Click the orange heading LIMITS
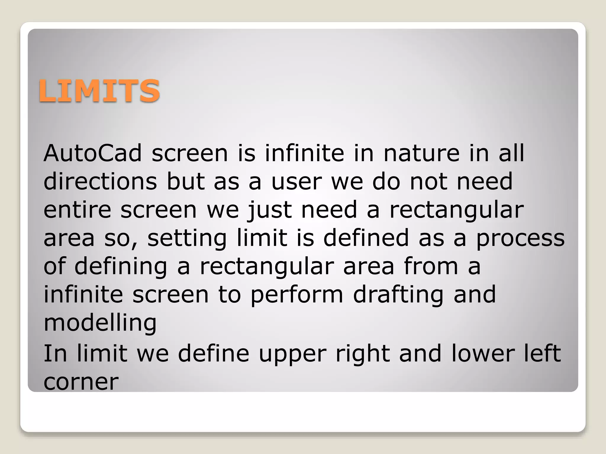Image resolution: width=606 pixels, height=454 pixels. point(99,91)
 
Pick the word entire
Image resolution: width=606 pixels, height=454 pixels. point(77,210)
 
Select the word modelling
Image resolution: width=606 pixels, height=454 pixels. point(100,323)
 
